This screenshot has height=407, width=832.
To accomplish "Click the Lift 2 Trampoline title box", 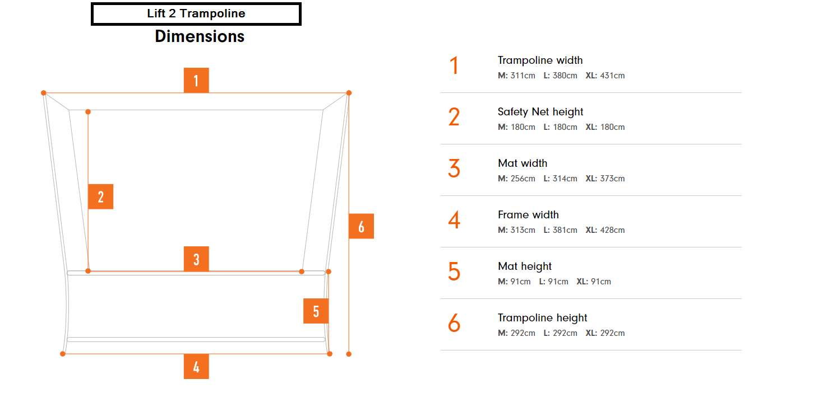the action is [x=196, y=14].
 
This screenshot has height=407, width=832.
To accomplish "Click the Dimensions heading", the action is [x=200, y=36].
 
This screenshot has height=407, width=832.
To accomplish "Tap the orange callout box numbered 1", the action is [x=196, y=80].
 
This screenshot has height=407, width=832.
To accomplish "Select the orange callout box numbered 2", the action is [x=101, y=197].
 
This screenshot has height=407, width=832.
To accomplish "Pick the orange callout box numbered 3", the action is [x=196, y=259].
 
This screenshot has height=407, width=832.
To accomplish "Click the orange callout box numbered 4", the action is [x=196, y=367].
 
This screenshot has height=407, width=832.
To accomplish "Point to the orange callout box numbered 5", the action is [x=316, y=311].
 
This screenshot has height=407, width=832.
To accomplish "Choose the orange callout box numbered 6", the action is [x=361, y=226].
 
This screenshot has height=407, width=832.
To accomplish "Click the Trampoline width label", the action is [x=540, y=60].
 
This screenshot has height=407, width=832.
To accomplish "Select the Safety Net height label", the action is [x=540, y=111].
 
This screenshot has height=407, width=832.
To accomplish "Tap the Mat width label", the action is [x=523, y=163].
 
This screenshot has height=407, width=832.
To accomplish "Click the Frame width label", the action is [x=528, y=215].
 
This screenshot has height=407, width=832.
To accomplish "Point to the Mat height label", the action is [x=524, y=266].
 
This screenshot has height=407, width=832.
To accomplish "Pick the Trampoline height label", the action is [x=542, y=318].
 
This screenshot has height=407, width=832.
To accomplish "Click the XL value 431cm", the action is [x=612, y=76].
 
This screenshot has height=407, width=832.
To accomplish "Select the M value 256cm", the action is [x=523, y=179].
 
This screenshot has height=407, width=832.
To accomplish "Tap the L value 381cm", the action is [x=565, y=231].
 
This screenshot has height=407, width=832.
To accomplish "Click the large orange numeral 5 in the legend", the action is [x=454, y=272].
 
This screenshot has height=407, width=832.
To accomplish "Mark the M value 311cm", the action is [x=523, y=76].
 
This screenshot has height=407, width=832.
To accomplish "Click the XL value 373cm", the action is [x=612, y=179].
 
